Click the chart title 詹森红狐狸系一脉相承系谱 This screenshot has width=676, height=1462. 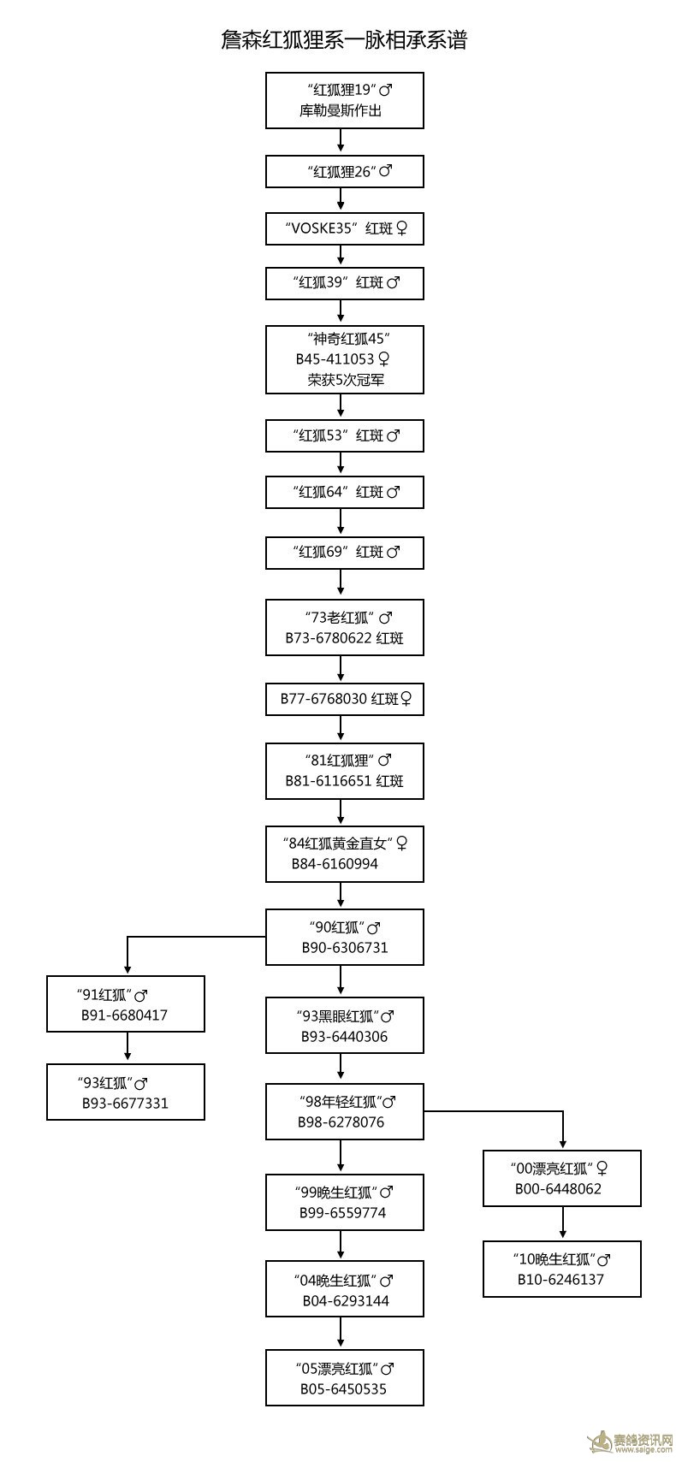(x=344, y=40)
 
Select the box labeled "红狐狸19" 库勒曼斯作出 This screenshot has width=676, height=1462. (x=344, y=100)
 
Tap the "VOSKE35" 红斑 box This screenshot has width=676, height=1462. (x=344, y=228)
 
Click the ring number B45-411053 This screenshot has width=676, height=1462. (x=335, y=359)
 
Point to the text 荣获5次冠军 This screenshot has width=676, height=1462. (x=346, y=379)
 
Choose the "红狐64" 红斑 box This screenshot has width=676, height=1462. (x=344, y=492)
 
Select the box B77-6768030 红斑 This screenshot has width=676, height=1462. (x=344, y=699)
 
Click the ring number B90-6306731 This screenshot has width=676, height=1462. (x=345, y=947)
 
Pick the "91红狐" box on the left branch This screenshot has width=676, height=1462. (x=126, y=1003)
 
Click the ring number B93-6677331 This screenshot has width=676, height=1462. (x=125, y=1103)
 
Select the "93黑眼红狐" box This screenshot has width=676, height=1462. (x=344, y=1025)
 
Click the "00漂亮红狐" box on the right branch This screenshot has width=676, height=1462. (x=561, y=1178)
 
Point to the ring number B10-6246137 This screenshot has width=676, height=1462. (x=560, y=1279)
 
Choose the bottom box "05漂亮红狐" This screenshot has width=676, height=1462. (x=344, y=1377)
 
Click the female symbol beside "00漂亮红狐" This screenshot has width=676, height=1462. (x=602, y=1169)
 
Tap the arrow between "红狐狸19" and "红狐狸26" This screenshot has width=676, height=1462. (x=341, y=140)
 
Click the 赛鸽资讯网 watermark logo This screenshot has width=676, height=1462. (x=630, y=1441)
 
